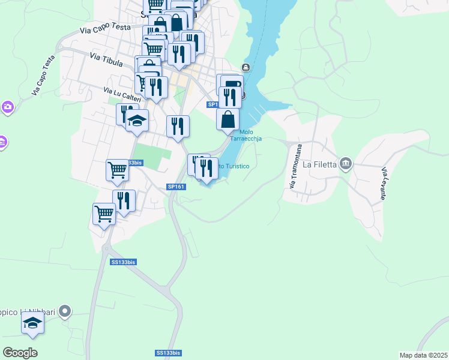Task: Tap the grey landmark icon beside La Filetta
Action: pyautogui.click(x=345, y=163)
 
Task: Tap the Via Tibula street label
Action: pyautogui.click(x=106, y=59)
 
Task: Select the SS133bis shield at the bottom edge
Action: pyautogui.click(x=168, y=353)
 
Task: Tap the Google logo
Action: pyautogui.click(x=20, y=353)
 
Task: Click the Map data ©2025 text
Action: pyautogui.click(x=423, y=355)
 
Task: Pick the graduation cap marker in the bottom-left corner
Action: pyautogui.click(x=33, y=325)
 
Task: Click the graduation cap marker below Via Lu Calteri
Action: pyautogui.click(x=137, y=120)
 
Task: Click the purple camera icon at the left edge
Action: pyautogui.click(x=7, y=107)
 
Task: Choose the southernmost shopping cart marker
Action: pyautogui.click(x=104, y=214)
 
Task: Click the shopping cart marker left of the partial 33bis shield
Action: pyautogui.click(x=117, y=169)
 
